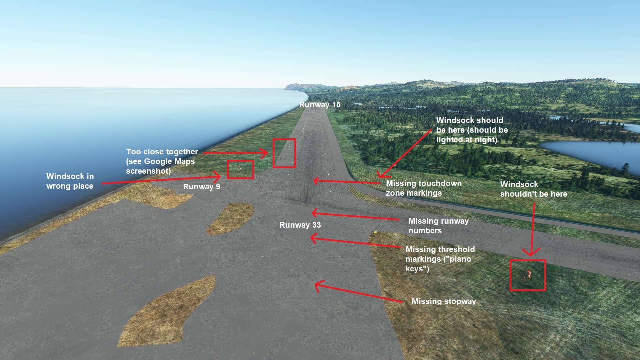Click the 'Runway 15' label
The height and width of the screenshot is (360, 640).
tap(320, 105)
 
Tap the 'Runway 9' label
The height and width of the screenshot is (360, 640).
tap(201, 187)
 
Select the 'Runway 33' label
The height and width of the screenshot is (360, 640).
tap(300, 225)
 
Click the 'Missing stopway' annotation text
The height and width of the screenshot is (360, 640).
tap(444, 301)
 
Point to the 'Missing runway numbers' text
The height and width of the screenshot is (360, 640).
tap(438, 226)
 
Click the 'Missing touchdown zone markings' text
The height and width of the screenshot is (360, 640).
tap(424, 188)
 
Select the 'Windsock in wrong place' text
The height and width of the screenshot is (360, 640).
tap(70, 181)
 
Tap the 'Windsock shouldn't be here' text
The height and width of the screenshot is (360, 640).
tap(533, 189)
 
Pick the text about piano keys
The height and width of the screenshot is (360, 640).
tap(440, 259)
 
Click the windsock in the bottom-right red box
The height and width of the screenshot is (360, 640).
tap(528, 275)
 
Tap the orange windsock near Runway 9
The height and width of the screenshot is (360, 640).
tap(240, 167)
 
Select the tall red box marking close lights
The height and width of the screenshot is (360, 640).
tap(284, 153)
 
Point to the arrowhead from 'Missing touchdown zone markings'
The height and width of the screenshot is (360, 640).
tap(315, 181)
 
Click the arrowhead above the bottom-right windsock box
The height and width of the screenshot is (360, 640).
tap(530, 253)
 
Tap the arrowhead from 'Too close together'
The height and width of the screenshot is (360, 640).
tap(265, 153)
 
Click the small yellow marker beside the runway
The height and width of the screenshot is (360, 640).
tap(375, 232)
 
